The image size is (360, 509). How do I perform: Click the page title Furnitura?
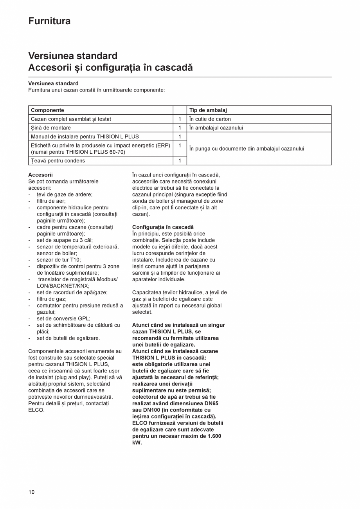[49, 21]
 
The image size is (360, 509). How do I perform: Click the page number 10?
[31, 492]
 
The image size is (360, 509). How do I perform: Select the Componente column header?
[47, 110]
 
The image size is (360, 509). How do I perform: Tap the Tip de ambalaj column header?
[208, 110]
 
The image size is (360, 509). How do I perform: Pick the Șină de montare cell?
[51, 128]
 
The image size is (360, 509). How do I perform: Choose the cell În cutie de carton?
[210, 119]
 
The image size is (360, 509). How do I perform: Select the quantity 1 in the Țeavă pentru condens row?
[180, 161]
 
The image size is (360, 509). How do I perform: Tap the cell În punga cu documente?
[247, 149]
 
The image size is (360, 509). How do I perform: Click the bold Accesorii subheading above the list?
[40, 175]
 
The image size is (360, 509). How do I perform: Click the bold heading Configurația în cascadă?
[163, 227]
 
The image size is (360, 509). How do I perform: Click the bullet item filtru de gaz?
[51, 299]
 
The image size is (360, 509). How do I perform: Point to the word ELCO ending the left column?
[36, 410]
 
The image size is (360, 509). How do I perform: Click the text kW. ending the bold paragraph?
[137, 442]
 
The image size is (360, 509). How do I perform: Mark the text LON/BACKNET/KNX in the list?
[63, 286]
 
